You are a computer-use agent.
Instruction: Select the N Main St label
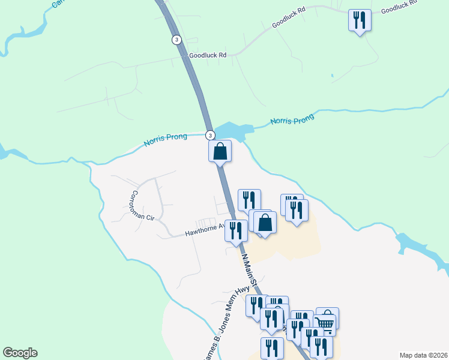(x=250, y=270)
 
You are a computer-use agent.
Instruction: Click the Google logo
(x=20, y=353)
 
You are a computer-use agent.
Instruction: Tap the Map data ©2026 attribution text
(x=423, y=355)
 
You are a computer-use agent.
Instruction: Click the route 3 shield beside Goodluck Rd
(x=176, y=40)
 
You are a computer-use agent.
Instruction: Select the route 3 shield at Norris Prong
(x=209, y=134)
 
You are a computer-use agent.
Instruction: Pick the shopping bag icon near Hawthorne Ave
(x=265, y=223)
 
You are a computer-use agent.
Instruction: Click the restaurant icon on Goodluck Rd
(x=360, y=20)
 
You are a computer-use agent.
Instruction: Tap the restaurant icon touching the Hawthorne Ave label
(x=236, y=230)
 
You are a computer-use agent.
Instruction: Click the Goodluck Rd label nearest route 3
(x=207, y=55)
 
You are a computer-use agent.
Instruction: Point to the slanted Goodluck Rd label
(x=289, y=18)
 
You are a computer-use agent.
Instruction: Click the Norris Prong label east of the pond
(x=292, y=120)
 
